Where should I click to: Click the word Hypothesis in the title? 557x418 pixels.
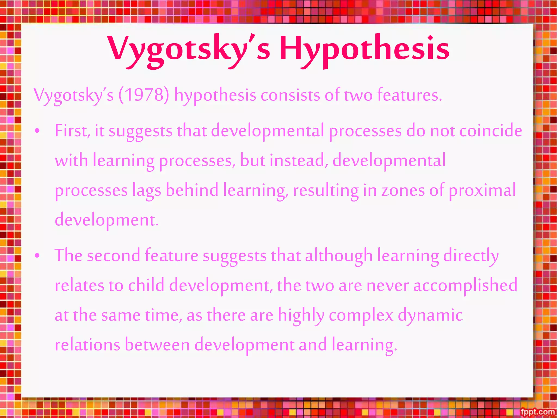[364, 49]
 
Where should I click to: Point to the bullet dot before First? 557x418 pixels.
[37, 131]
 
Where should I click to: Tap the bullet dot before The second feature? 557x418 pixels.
[37, 256]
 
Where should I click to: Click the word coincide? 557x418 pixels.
[491, 131]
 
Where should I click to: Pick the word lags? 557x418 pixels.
[147, 190]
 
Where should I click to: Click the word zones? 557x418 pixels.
[403, 190]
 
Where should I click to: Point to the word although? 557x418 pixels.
[338, 256]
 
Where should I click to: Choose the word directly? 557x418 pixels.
[471, 256]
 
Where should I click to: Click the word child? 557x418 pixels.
[146, 285]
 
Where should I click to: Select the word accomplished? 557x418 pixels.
[465, 285]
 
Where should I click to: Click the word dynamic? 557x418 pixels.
[430, 315]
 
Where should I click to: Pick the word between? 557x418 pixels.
[157, 345]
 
